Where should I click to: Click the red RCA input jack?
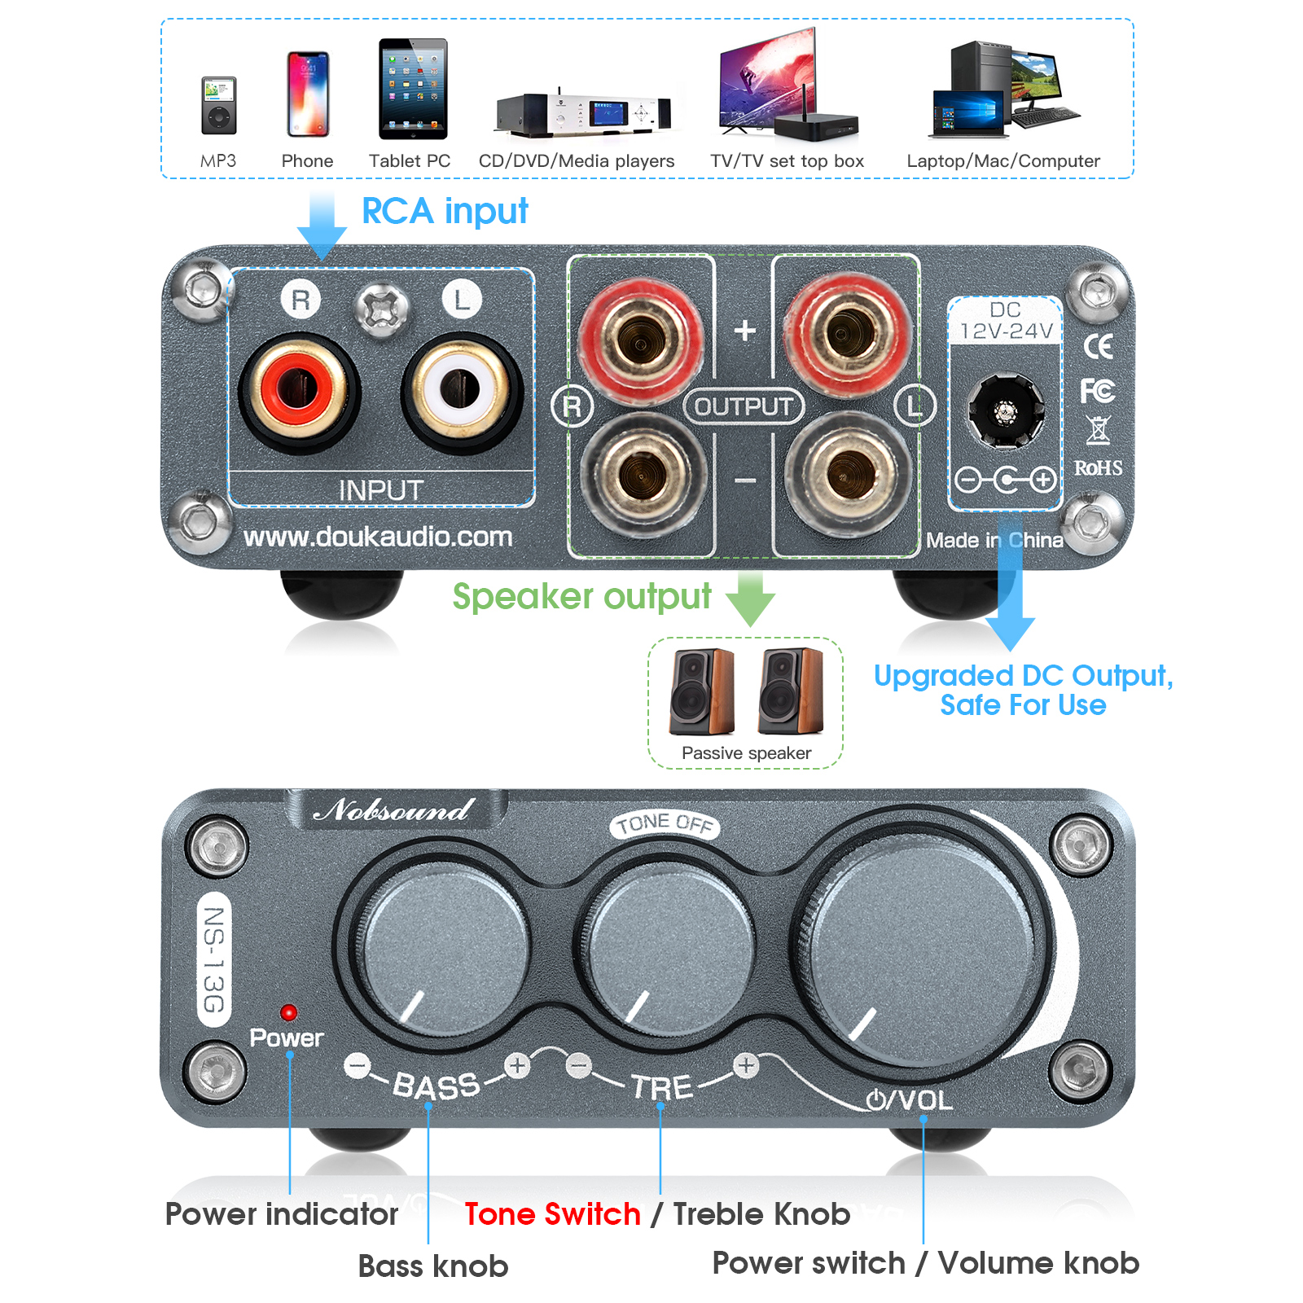tap(299, 390)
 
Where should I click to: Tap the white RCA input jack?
tap(461, 390)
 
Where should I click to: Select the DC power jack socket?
tap(1006, 410)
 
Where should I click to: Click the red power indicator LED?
tap(288, 1012)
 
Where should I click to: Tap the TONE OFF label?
tap(665, 824)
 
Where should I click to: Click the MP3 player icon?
tap(218, 105)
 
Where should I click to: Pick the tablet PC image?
tap(413, 89)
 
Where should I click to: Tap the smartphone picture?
tap(308, 94)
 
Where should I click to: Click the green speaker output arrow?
tap(750, 598)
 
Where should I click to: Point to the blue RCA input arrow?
tap(322, 226)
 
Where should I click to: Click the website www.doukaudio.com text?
tap(378, 537)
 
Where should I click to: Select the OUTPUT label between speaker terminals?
tap(744, 406)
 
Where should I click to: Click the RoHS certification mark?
tap(1098, 467)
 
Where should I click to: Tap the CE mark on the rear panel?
tap(1098, 347)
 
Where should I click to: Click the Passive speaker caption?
tap(746, 753)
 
